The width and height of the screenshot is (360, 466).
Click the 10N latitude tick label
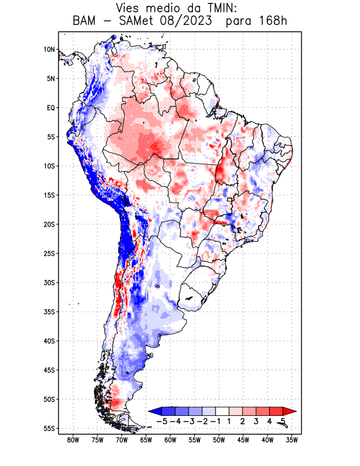click(x=49, y=50)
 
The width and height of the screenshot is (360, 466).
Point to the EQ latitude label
click(x=50, y=108)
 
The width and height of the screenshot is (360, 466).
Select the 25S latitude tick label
click(x=49, y=253)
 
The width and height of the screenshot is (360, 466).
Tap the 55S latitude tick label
click(x=49, y=429)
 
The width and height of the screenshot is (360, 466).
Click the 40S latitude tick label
click(x=49, y=341)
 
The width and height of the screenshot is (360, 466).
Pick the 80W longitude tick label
click(x=73, y=440)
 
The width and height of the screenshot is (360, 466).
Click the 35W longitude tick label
click(x=292, y=440)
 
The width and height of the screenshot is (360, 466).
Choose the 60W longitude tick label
click(x=170, y=440)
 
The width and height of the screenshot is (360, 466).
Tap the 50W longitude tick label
click(x=219, y=440)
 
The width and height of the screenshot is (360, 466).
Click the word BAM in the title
click(x=84, y=22)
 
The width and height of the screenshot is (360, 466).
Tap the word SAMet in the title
click(x=132, y=22)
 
